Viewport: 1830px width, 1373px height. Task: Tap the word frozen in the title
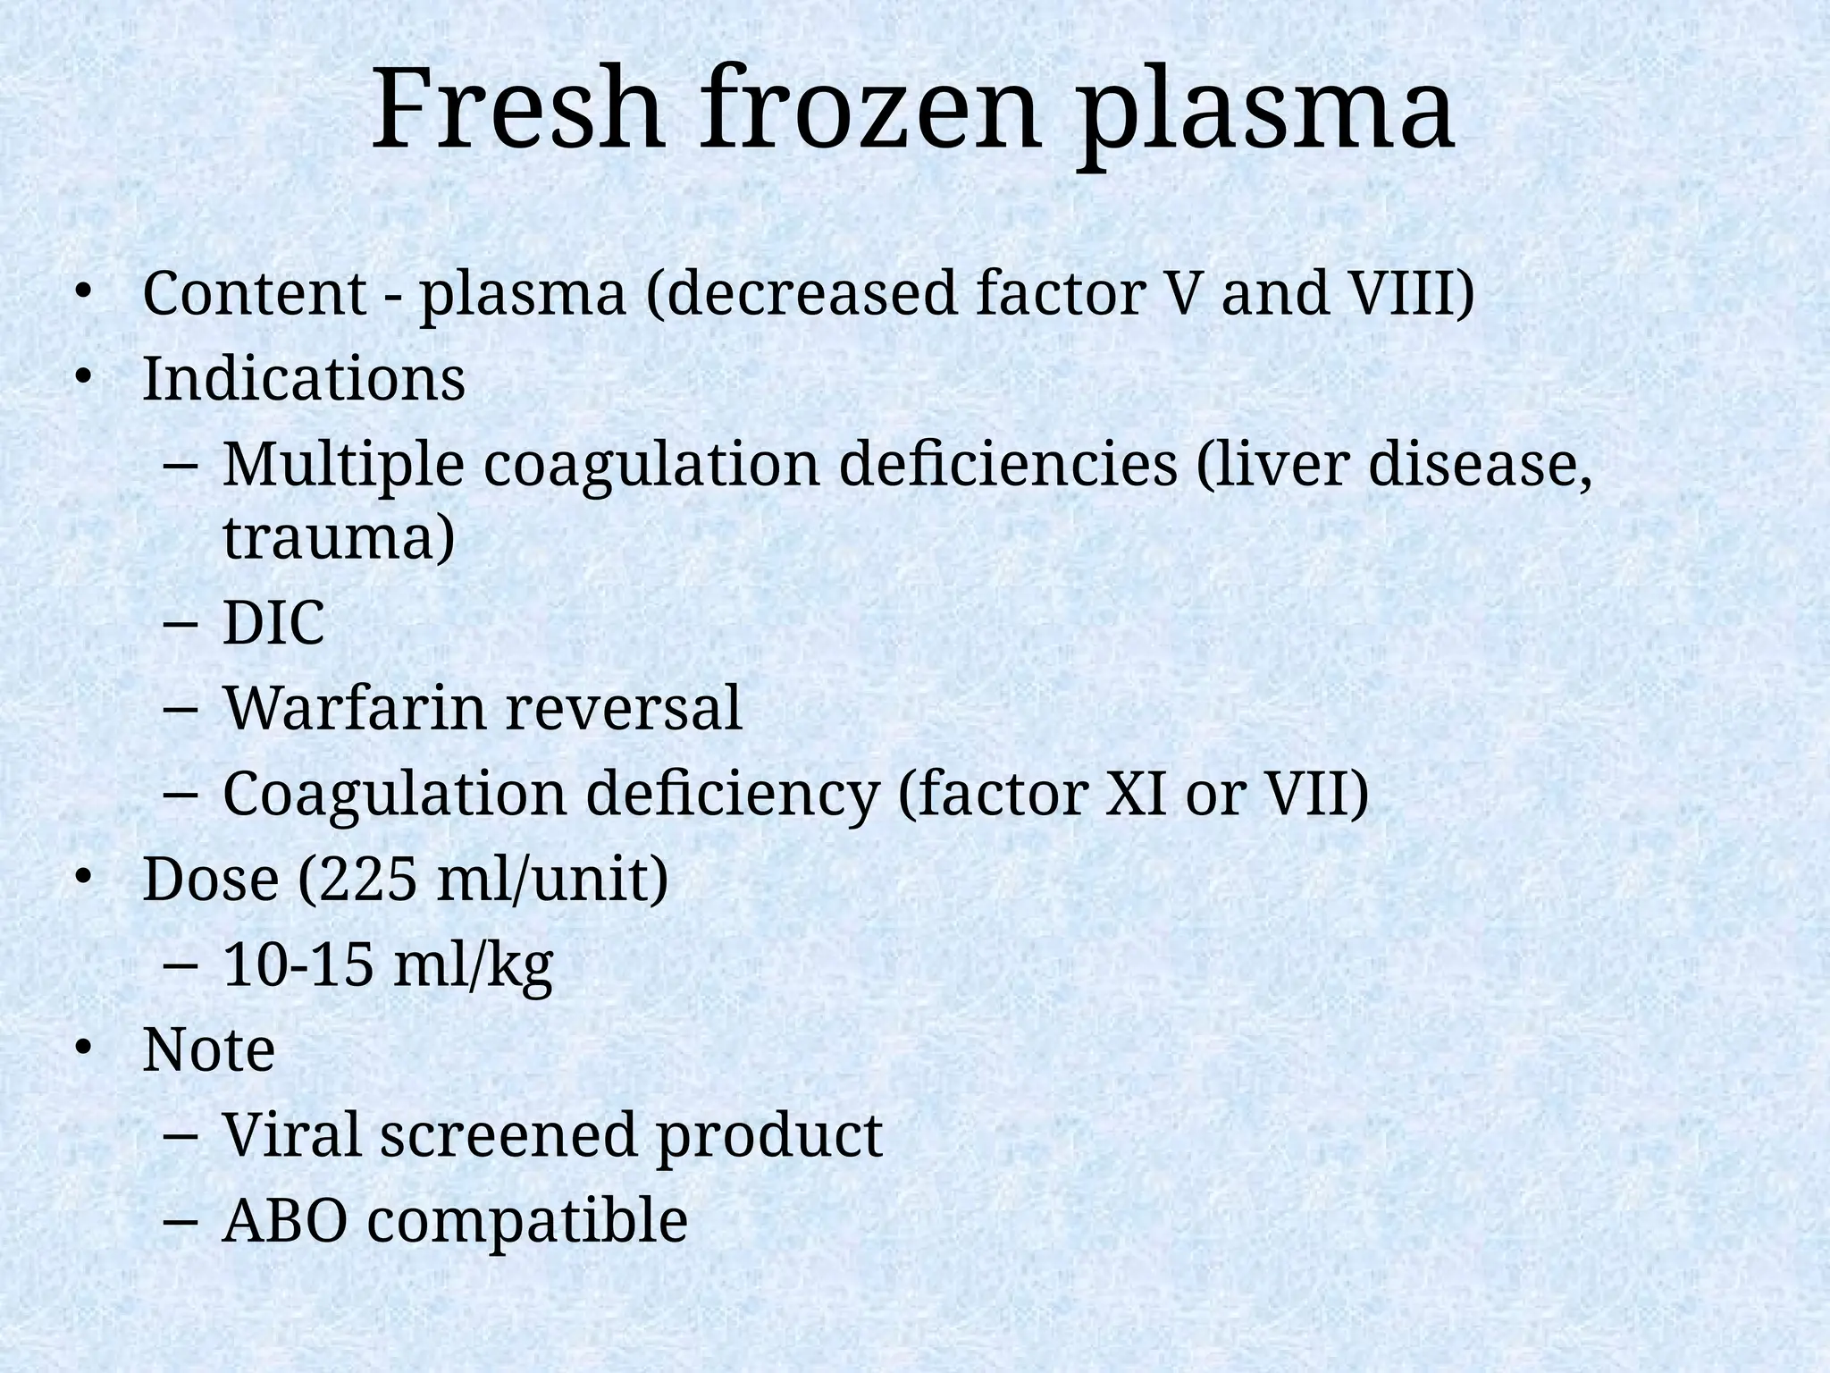(x=870, y=112)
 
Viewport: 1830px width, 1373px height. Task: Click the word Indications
(x=304, y=379)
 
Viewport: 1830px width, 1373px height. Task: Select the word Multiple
(x=343, y=466)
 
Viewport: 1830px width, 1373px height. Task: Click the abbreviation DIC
(x=273, y=623)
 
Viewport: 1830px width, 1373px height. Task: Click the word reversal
(x=624, y=708)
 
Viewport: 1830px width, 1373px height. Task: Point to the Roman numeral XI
(x=1136, y=793)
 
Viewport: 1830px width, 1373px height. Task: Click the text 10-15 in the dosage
(x=298, y=964)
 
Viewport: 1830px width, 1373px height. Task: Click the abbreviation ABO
(x=284, y=1221)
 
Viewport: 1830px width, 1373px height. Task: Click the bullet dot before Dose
(x=83, y=879)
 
